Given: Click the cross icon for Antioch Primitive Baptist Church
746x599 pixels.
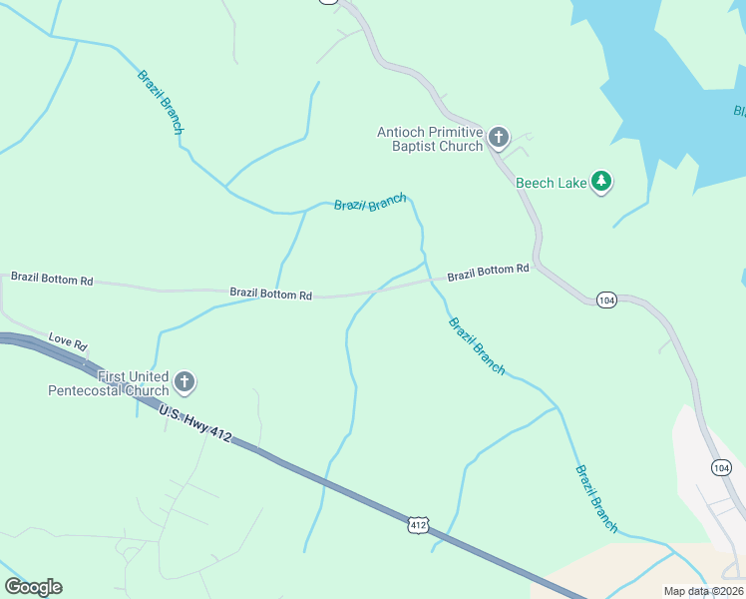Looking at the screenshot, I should pos(498,138).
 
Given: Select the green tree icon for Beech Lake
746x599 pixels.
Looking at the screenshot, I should pos(600,181).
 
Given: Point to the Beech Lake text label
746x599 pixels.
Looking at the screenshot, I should pos(551,183).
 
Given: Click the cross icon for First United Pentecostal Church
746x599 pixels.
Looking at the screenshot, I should pos(184,381).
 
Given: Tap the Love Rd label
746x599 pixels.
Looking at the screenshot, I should pos(68,341).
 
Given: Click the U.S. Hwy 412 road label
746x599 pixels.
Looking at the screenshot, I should pos(194,421).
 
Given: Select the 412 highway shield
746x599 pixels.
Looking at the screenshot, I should pos(418,524).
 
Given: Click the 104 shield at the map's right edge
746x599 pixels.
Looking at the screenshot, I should pos(721,467).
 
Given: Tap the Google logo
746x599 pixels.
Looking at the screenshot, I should pos(33,587).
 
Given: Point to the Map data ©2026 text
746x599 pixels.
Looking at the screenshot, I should pos(703,591).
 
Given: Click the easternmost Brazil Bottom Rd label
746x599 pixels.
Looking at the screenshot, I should pos(488,272).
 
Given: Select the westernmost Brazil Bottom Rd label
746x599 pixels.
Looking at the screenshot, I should pos(51,280).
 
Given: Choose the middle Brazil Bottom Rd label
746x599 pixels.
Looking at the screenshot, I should pos(270,295).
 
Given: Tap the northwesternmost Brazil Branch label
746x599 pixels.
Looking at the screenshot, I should pos(161,102).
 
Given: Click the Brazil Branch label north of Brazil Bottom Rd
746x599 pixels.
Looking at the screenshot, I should pos(370,203).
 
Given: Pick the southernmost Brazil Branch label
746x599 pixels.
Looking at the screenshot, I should pos(596,498).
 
